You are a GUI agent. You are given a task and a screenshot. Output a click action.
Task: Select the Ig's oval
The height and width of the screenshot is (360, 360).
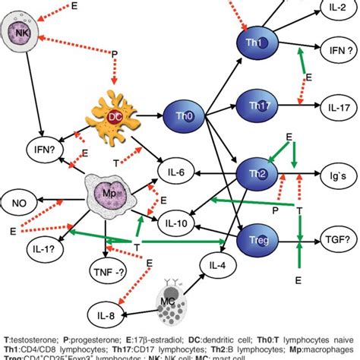[x=337, y=174]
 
